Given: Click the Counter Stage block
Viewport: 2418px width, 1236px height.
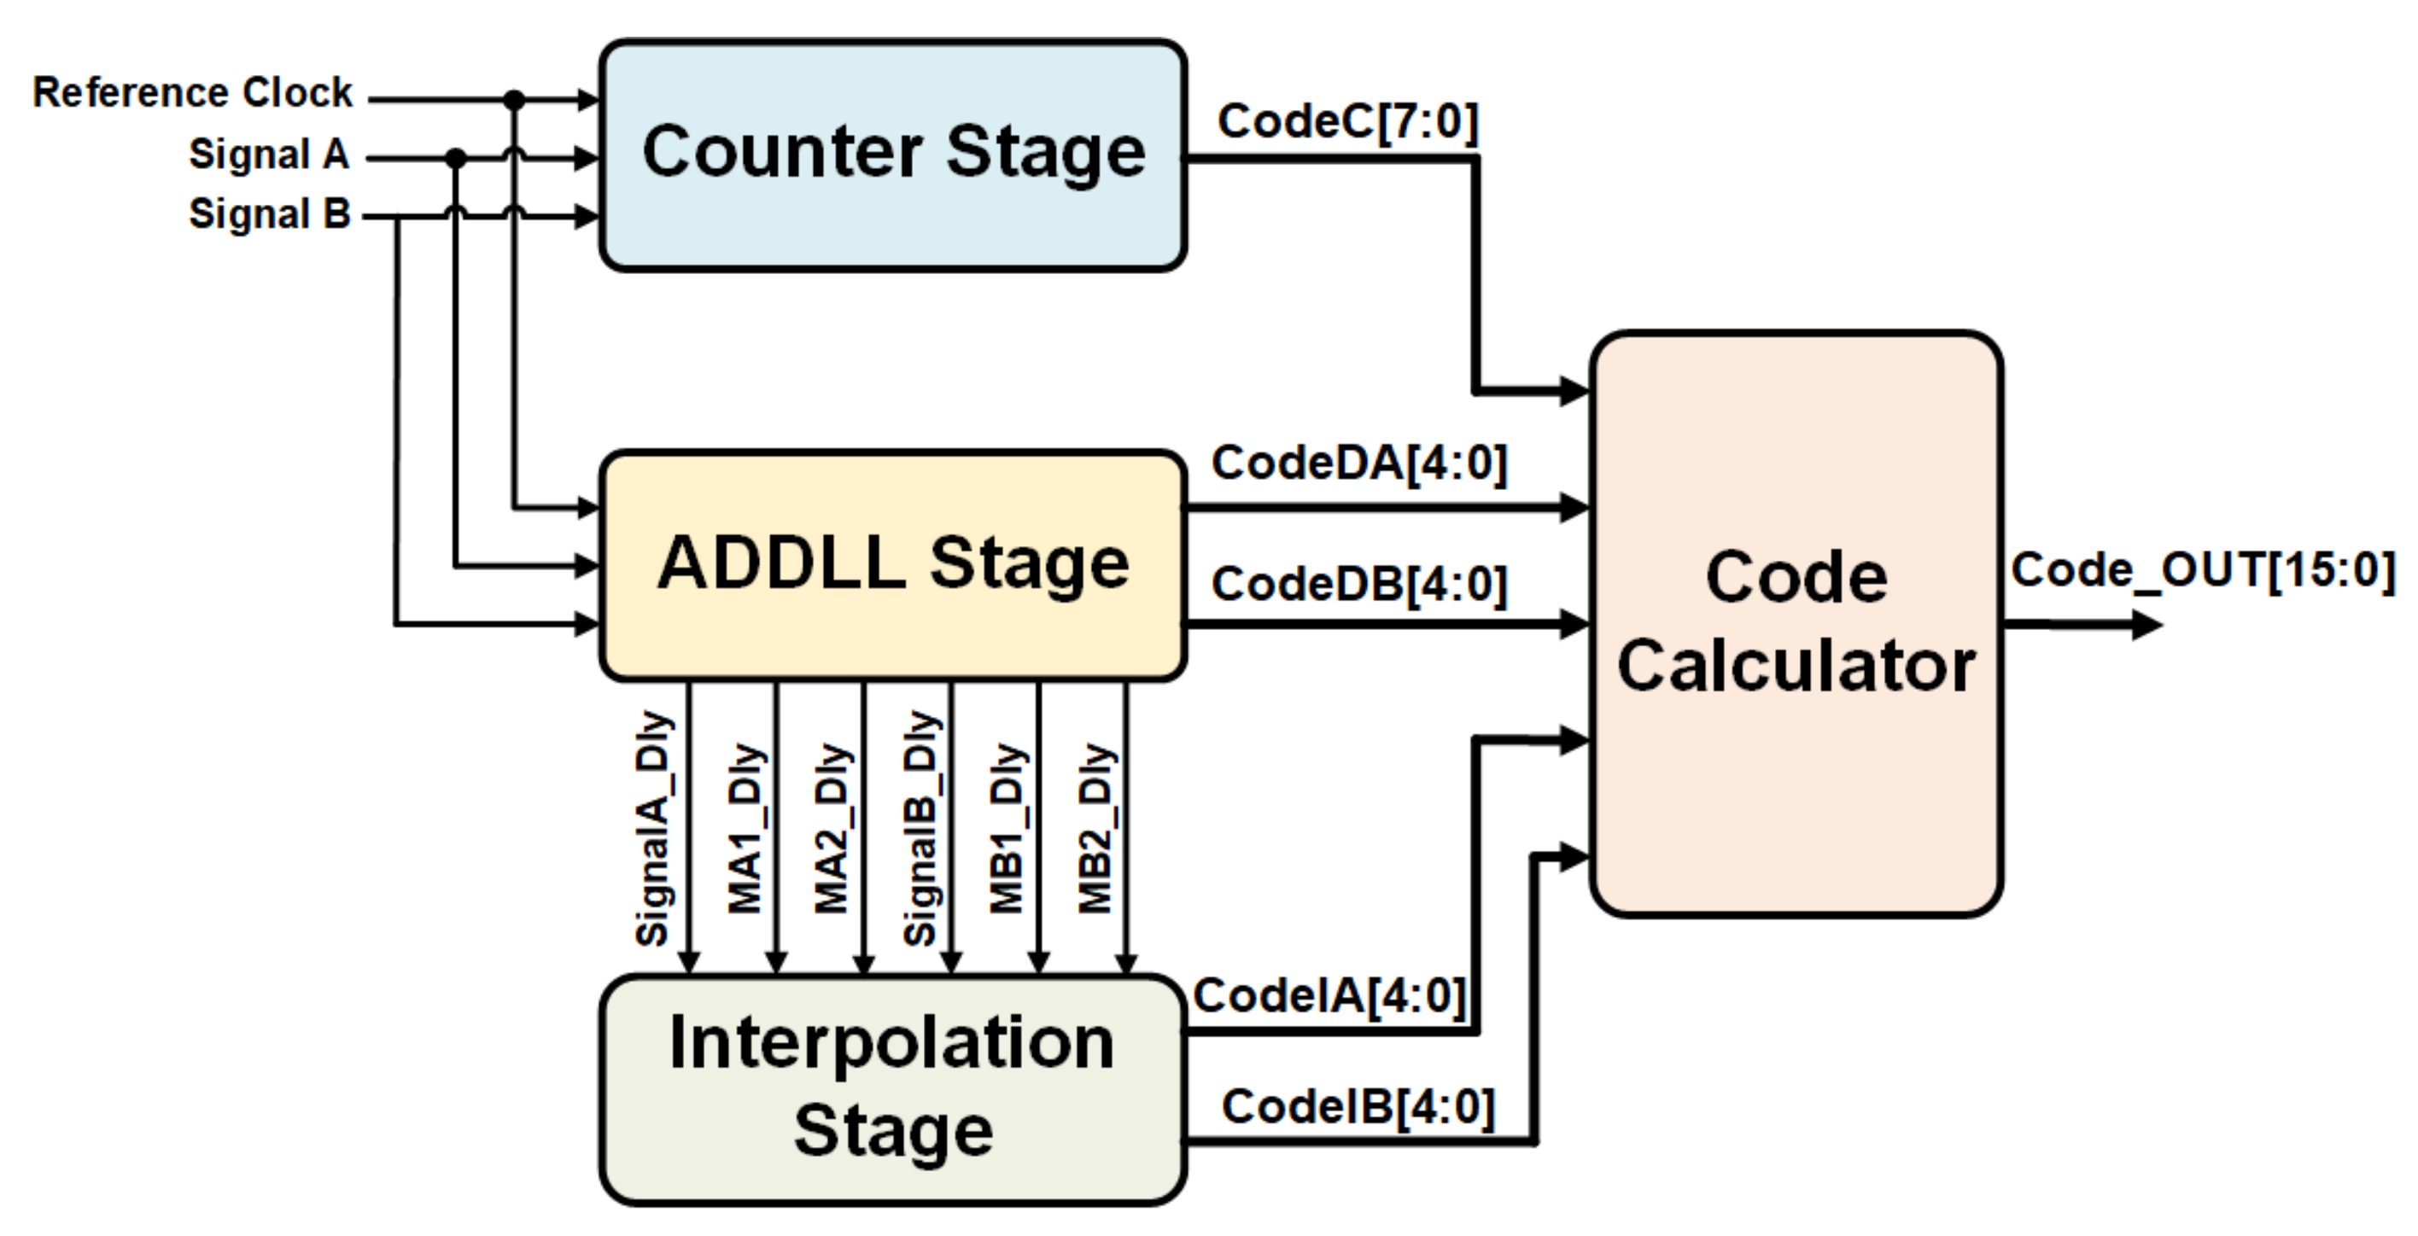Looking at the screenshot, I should tap(893, 154).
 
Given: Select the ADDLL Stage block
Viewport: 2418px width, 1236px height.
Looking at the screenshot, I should tap(893, 565).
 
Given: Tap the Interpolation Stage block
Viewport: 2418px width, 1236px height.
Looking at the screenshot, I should tap(893, 1088).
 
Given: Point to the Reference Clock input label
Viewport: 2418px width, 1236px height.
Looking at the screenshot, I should tap(192, 93).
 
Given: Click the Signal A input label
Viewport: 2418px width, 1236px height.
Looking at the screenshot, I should tap(270, 154).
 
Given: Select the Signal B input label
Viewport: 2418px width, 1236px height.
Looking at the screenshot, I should tap(270, 214).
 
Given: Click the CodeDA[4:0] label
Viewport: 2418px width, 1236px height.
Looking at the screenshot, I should tap(1359, 463).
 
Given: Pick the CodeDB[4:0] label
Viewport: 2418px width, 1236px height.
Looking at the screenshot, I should tap(1359, 584).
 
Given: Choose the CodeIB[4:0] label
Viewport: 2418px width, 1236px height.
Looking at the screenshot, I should tap(1358, 1106).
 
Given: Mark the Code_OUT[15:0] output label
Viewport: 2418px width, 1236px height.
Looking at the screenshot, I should tap(2203, 569).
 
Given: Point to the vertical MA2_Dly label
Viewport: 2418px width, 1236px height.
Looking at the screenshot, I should tap(832, 828).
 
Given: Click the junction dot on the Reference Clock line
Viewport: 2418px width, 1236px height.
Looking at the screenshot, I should tap(513, 98).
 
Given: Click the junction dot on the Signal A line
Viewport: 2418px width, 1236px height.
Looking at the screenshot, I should tap(455, 159).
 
